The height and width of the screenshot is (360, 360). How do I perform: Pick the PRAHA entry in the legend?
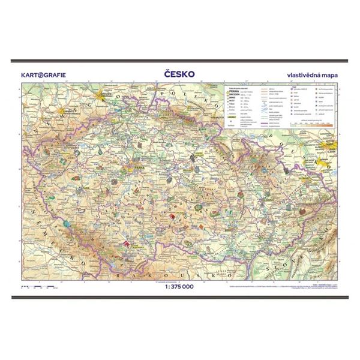click(x=233, y=92)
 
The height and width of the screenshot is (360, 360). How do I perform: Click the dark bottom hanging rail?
click(x=180, y=295)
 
